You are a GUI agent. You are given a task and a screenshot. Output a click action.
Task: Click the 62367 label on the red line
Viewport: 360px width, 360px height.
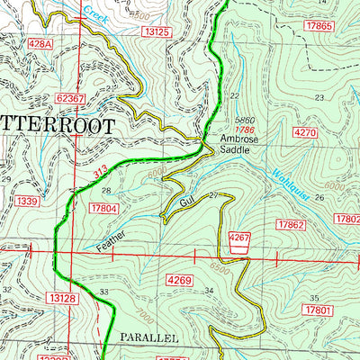[69, 98]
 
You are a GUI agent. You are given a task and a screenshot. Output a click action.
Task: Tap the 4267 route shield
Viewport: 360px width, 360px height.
[238, 238]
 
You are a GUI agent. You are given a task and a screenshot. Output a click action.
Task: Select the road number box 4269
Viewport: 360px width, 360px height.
[180, 282]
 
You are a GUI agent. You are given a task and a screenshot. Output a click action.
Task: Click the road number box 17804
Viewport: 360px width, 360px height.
[105, 209]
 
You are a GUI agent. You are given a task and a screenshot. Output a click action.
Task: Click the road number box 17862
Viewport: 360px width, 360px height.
[292, 223]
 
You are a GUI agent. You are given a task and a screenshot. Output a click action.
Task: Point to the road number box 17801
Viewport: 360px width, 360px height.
[319, 310]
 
